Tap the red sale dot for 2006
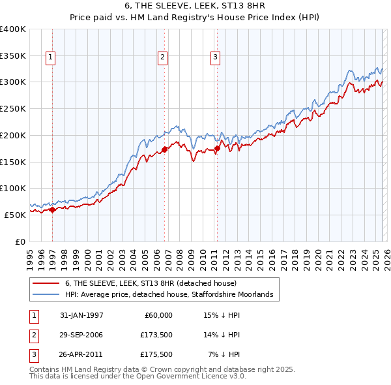(x=164, y=149)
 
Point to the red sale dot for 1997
(x=53, y=209)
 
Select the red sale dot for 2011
(x=217, y=149)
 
